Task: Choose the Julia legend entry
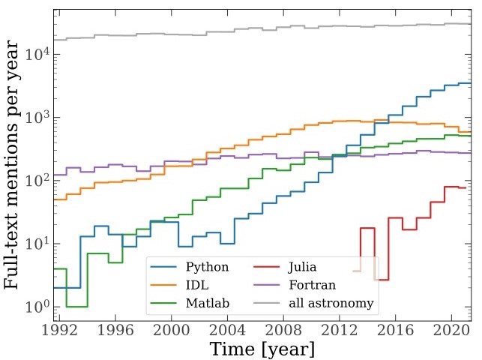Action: tap(303, 268)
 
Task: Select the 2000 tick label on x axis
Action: tap(172, 331)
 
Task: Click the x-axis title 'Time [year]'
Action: tap(262, 349)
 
